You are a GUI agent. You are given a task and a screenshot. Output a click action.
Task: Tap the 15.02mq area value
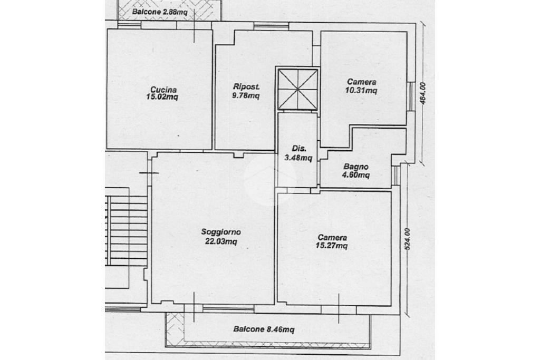162,97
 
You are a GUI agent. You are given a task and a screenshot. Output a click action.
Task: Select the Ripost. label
246,87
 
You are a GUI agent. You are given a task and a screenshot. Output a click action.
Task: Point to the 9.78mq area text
246,95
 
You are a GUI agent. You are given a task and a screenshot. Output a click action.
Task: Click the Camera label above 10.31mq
361,82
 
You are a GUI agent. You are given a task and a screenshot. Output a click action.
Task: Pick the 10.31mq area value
361,90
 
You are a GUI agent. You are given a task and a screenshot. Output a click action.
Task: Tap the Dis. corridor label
298,149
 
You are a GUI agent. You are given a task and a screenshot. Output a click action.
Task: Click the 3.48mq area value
298,158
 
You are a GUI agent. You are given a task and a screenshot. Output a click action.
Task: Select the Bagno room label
356,167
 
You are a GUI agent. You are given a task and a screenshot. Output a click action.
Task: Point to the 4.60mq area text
355,175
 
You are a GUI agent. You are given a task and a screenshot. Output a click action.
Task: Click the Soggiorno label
221,232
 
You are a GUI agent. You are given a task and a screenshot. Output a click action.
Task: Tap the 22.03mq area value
221,241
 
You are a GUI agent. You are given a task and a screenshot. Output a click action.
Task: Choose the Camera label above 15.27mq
332,238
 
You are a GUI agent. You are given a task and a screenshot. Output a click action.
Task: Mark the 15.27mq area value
331,246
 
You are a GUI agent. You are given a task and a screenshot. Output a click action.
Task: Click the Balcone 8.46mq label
264,329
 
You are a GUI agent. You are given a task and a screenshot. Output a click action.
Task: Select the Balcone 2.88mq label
160,12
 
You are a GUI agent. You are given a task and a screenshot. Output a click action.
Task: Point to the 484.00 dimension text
423,93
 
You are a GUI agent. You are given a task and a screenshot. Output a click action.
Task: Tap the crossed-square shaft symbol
298,90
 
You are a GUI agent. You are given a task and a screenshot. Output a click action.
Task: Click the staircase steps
127,230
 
